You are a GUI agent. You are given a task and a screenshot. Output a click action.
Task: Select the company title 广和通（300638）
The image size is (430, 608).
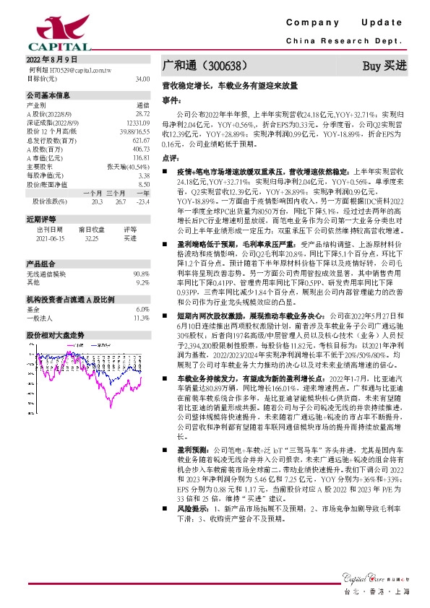click(x=206, y=66)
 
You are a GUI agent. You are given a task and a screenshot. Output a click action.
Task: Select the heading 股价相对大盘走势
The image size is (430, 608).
click(x=56, y=336)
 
